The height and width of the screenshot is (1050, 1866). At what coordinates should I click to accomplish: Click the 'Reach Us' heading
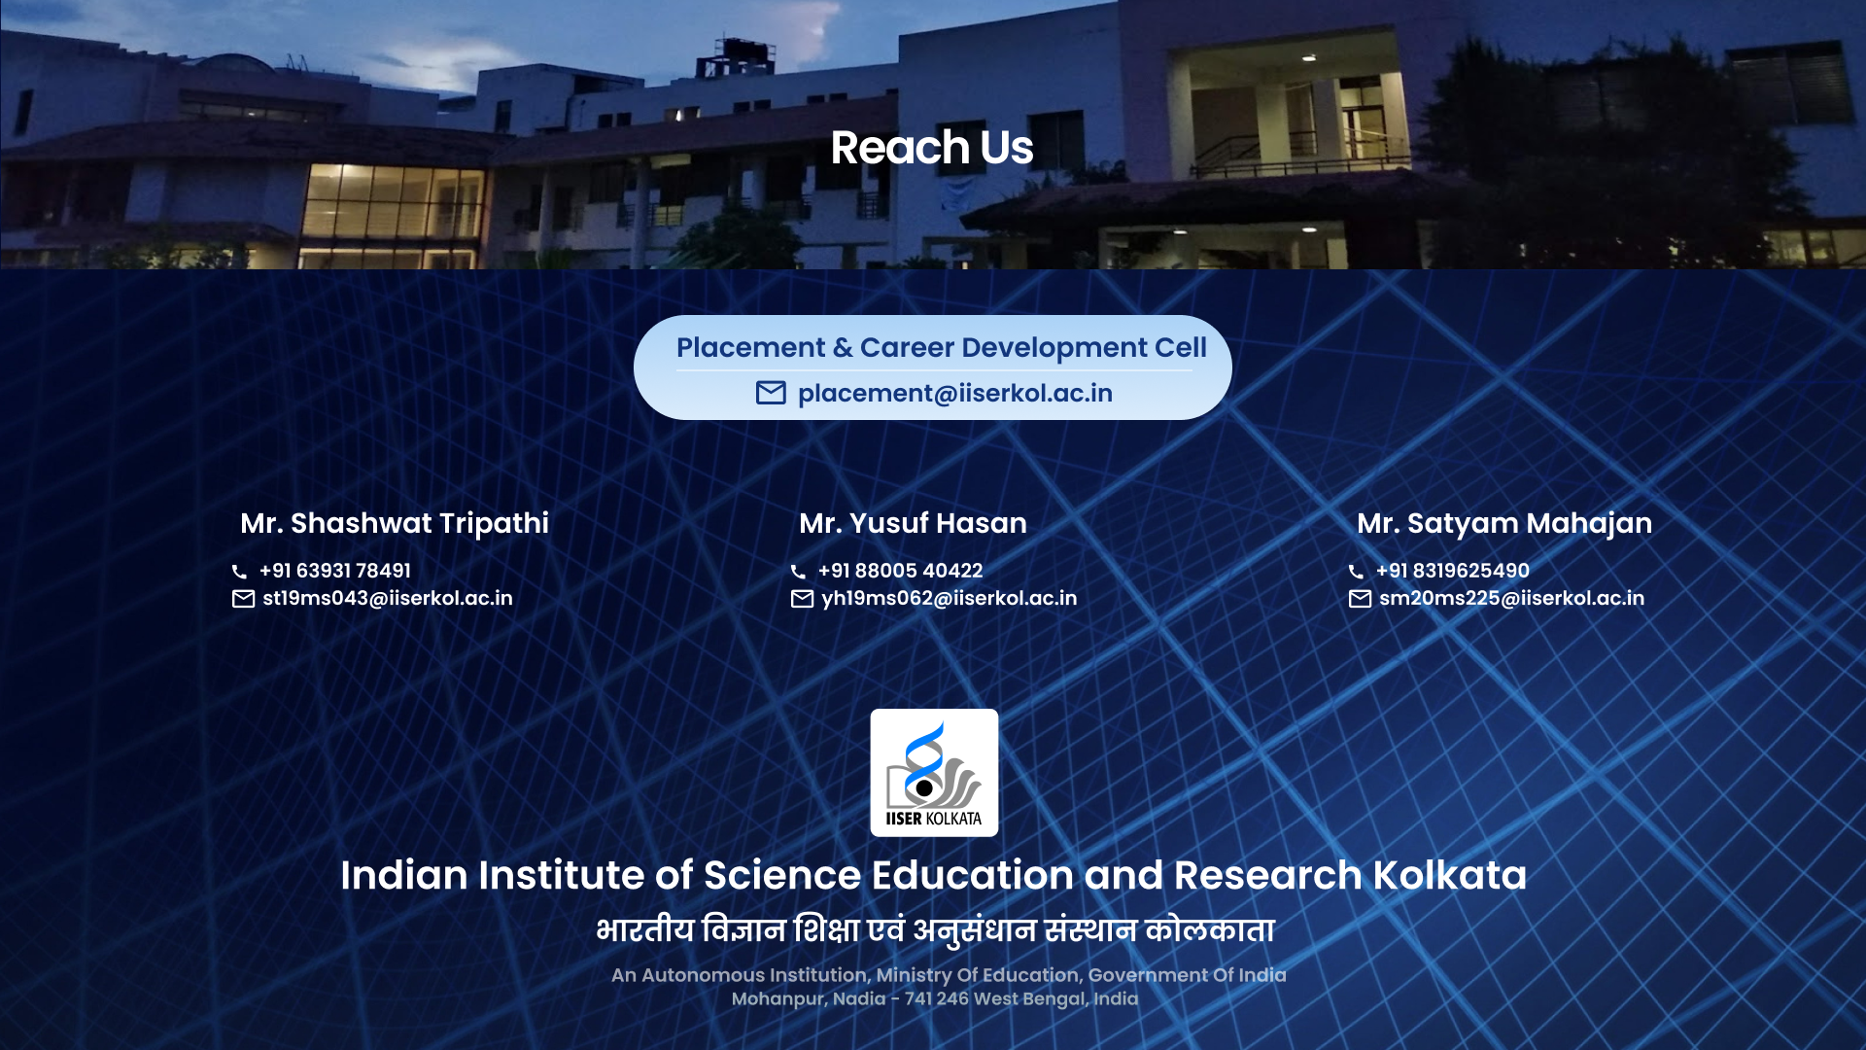pyautogui.click(x=932, y=148)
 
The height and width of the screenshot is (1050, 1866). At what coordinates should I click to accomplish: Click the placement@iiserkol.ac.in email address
pyautogui.click(x=955, y=394)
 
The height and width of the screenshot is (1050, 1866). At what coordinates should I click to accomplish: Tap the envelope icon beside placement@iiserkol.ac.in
pyautogui.click(x=771, y=393)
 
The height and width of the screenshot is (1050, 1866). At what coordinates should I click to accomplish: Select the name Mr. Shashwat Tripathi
pyautogui.click(x=395, y=524)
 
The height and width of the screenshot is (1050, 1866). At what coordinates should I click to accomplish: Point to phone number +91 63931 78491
pyautogui.click(x=335, y=571)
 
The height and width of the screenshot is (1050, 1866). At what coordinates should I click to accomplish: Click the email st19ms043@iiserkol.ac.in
pyautogui.click(x=388, y=598)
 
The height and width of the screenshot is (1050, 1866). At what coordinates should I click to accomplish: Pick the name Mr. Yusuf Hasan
pyautogui.click(x=914, y=523)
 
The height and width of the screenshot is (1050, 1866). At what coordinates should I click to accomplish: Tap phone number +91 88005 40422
pyautogui.click(x=901, y=571)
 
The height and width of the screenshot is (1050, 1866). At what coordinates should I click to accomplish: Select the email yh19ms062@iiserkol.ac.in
pyautogui.click(x=950, y=598)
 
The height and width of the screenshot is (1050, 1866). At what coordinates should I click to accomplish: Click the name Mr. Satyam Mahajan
pyautogui.click(x=1504, y=524)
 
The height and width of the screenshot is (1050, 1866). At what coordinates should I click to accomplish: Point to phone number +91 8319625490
pyautogui.click(x=1453, y=571)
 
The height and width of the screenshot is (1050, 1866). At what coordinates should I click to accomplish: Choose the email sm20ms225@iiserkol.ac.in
pyautogui.click(x=1512, y=598)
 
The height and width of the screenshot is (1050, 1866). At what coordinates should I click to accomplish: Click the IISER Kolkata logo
pyautogui.click(x=934, y=773)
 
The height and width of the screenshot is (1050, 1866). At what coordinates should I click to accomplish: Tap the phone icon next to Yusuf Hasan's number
pyautogui.click(x=798, y=572)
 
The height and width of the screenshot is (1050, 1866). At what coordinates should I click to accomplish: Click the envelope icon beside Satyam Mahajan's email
pyautogui.click(x=1361, y=599)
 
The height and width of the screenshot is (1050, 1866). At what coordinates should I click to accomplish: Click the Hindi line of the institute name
pyautogui.click(x=935, y=929)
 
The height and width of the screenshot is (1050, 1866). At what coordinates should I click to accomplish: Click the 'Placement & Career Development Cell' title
pyautogui.click(x=942, y=347)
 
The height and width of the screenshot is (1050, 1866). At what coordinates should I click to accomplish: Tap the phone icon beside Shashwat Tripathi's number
pyautogui.click(x=239, y=572)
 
